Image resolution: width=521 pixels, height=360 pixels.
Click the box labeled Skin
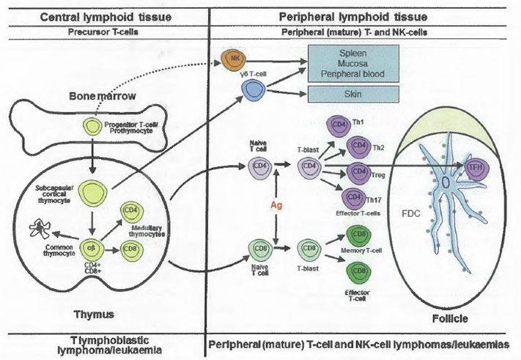tap(355, 93)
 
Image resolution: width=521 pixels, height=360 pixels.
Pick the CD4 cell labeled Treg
tap(361, 172)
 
